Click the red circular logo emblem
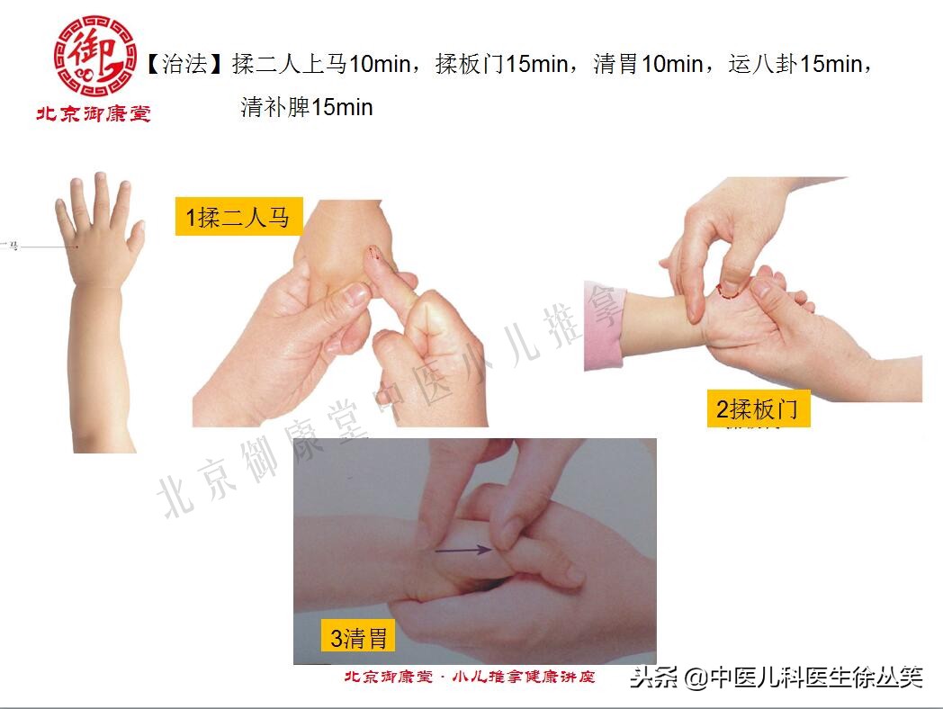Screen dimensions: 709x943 (94, 55)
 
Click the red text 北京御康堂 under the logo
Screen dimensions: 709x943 (93, 114)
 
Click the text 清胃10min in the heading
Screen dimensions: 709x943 (648, 65)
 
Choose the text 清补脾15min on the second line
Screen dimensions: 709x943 (306, 108)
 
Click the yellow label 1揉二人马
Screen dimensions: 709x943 (238, 217)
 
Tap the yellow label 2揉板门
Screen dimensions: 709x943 (758, 409)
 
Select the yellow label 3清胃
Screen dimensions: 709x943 (359, 638)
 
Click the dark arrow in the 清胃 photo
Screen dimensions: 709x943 (463, 549)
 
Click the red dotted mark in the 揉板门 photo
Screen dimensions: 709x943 (729, 290)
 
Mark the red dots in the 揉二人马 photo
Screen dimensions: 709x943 (378, 259)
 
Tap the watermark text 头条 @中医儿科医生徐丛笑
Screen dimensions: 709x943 (776, 677)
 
